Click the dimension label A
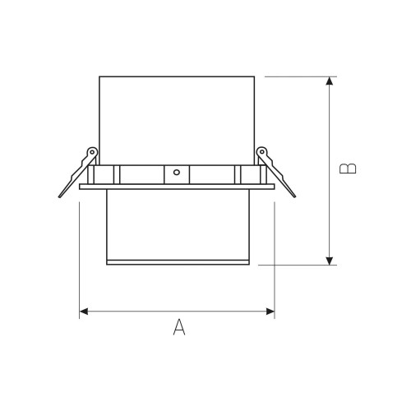179,327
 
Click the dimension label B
348,169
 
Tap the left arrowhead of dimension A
84,312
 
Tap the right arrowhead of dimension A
270,312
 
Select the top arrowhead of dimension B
330,81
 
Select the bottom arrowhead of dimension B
330,261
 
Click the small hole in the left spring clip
92,152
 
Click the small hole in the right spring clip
262,151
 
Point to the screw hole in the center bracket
177,173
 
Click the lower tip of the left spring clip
59,196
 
